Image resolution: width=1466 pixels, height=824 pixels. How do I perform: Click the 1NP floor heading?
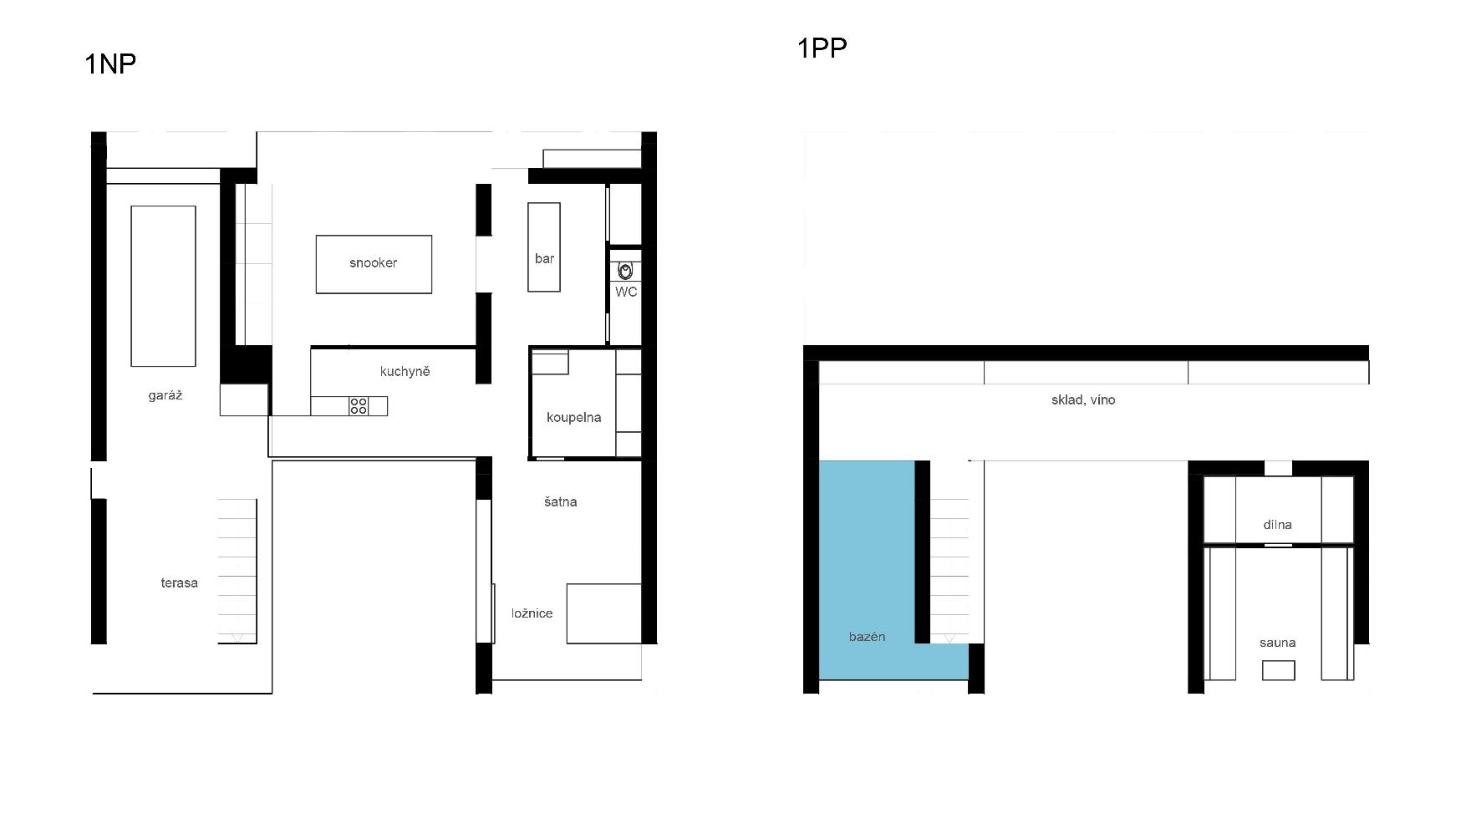tap(110, 64)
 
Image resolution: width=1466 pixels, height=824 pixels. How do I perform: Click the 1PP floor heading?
tap(822, 48)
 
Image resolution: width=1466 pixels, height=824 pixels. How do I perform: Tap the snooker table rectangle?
tap(374, 264)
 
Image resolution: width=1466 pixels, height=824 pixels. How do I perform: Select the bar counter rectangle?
tap(543, 247)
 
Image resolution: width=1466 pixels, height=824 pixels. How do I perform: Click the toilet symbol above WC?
tap(625, 271)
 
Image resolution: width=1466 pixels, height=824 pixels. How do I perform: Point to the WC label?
tap(626, 292)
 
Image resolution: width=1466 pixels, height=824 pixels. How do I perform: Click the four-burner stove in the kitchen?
tap(359, 406)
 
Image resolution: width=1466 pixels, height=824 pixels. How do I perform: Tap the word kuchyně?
tap(405, 371)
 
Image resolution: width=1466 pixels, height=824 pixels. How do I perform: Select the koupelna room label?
tap(573, 417)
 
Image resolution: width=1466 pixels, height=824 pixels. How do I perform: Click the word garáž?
tap(165, 395)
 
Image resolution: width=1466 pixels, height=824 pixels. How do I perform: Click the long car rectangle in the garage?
tap(163, 286)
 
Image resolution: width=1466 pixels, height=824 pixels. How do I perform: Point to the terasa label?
tap(179, 582)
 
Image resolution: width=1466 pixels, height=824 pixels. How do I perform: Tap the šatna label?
tap(560, 501)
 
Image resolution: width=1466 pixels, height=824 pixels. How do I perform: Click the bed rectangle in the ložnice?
tap(604, 613)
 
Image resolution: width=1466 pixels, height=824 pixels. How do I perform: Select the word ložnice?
tap(532, 613)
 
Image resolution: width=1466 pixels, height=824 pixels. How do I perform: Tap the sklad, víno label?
tap(1083, 399)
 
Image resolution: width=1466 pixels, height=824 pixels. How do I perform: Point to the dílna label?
tap(1277, 525)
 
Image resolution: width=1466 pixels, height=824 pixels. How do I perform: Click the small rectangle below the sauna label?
tap(1278, 669)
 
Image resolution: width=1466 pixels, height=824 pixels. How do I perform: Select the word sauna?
tap(1277, 643)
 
